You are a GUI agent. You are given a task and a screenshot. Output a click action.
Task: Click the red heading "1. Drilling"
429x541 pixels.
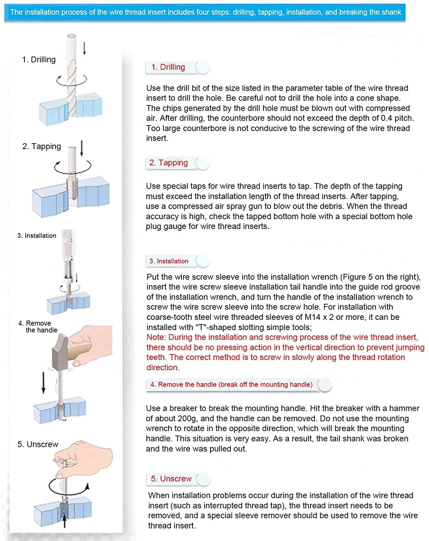[x=168, y=67]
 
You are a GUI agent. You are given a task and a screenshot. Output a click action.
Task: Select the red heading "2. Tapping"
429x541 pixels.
[x=168, y=163]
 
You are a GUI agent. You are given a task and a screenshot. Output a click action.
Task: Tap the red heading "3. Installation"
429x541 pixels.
[x=169, y=261]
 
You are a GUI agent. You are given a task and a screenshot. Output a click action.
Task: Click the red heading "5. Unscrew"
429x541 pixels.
[x=171, y=478]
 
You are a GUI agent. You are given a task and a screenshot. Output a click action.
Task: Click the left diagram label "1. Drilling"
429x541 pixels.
[x=39, y=60]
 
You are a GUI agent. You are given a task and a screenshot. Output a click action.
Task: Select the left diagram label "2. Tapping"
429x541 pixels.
[x=41, y=146]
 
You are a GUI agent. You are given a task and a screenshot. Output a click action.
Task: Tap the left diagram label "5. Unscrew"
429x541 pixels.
[x=38, y=444]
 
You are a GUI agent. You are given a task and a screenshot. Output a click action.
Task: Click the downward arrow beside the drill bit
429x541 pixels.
[x=84, y=49]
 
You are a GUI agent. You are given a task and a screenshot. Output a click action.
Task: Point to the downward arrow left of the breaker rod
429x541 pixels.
[x=44, y=383]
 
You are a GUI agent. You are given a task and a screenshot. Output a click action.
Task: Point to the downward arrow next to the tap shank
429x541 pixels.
[x=82, y=149]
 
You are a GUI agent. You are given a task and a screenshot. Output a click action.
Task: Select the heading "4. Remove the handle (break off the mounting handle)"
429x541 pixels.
[x=231, y=384]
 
